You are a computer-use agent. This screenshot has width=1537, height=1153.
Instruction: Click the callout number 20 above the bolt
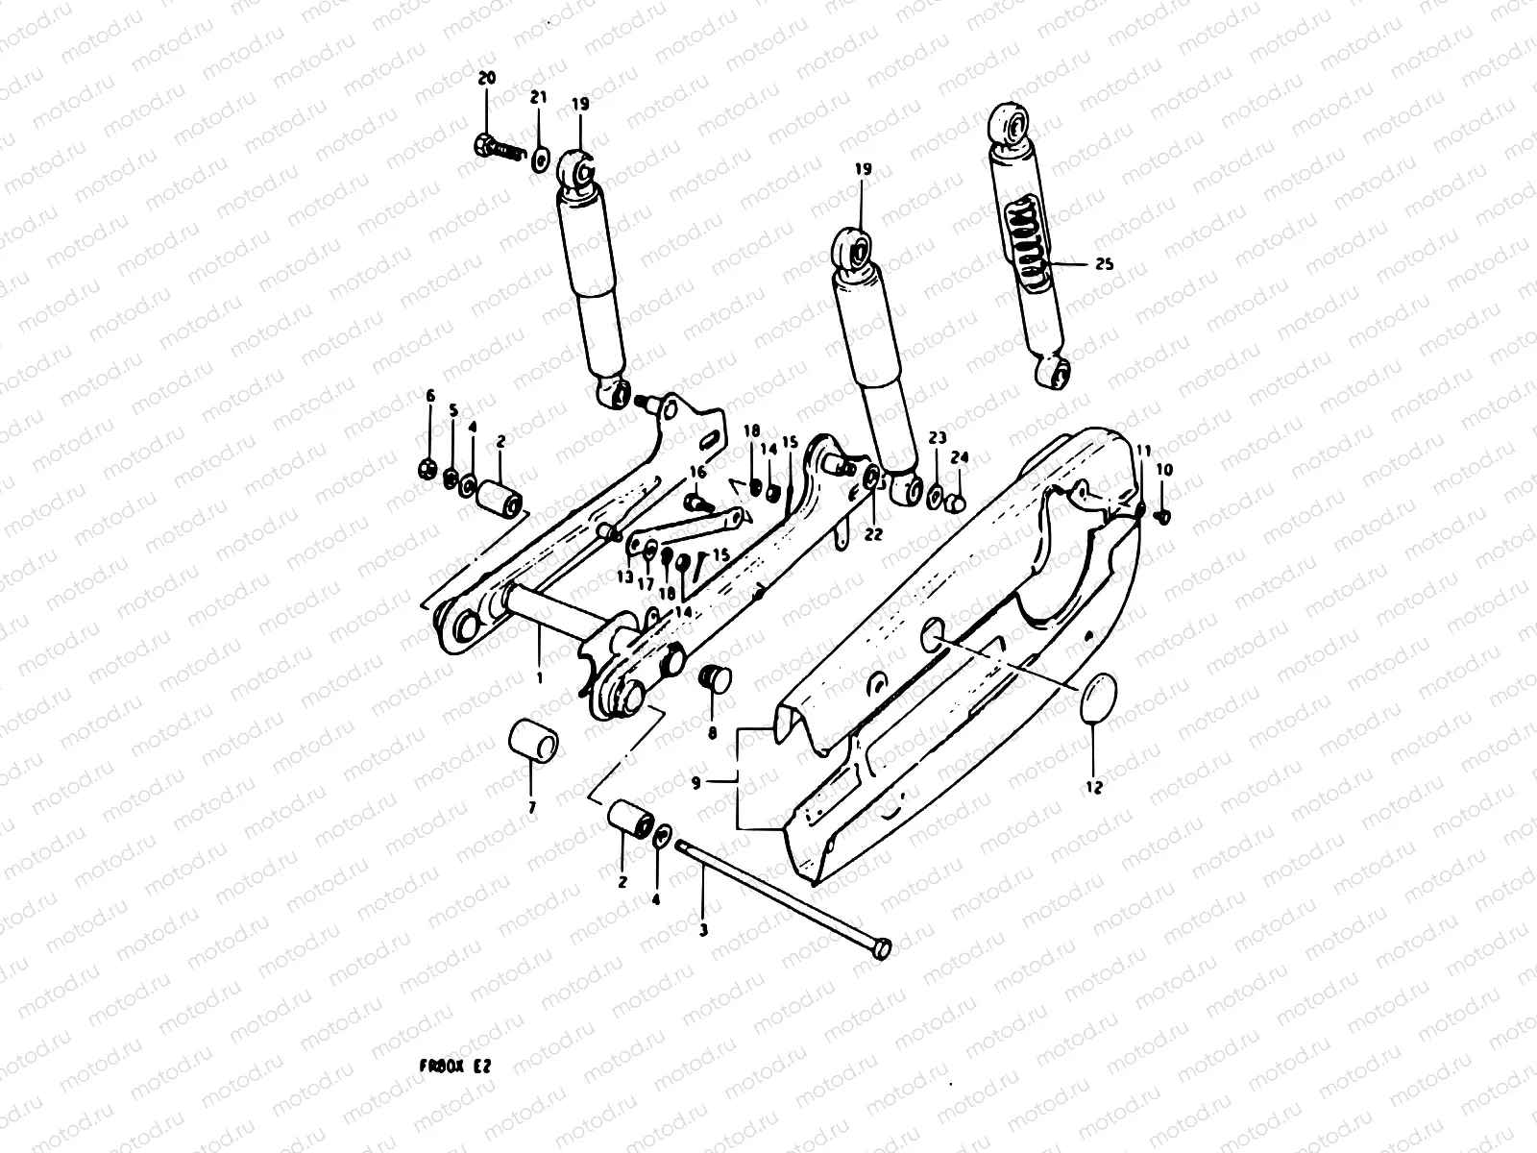486,78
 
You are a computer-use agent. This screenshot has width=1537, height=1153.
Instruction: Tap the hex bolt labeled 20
486,148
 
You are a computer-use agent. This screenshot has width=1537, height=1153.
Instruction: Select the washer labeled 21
540,156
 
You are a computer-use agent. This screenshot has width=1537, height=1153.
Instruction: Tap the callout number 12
1094,787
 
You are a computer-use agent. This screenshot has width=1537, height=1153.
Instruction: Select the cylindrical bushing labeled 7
532,742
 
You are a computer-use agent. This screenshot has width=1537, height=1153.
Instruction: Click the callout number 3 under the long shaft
703,930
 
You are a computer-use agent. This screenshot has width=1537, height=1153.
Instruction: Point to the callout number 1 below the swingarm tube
539,678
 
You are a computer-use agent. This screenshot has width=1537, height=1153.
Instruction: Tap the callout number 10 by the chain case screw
1164,470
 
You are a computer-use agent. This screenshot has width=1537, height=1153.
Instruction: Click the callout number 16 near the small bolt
696,472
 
